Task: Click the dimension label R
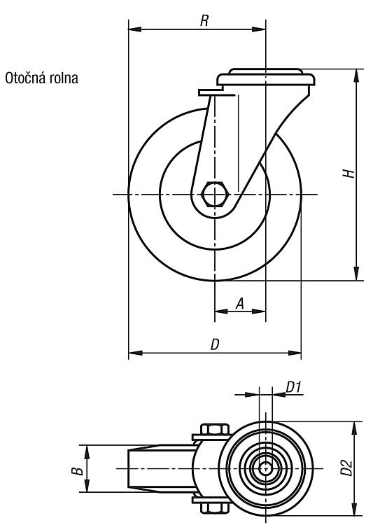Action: click(x=204, y=21)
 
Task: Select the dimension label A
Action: click(x=240, y=303)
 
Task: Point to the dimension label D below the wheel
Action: click(x=215, y=344)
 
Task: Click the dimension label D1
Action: click(x=294, y=387)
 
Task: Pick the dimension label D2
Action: click(x=347, y=468)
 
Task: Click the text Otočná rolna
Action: click(x=41, y=78)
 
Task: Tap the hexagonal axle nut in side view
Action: click(x=215, y=194)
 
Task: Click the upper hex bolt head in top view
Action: click(x=215, y=429)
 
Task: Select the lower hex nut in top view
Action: click(x=215, y=507)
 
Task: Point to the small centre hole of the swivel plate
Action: click(x=265, y=468)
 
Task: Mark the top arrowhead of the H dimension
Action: click(x=356, y=76)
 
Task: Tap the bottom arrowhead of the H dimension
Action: click(x=356, y=274)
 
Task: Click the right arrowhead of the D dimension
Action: click(x=295, y=353)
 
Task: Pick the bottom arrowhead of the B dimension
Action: click(x=87, y=486)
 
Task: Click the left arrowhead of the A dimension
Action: click(x=221, y=311)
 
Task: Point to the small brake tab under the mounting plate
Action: click(x=211, y=92)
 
